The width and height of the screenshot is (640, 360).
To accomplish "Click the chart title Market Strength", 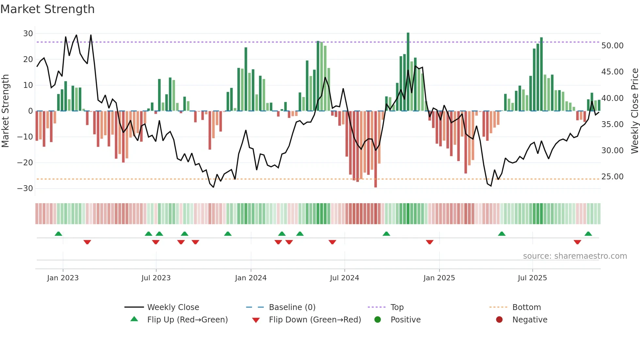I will pyautogui.click(x=47, y=9).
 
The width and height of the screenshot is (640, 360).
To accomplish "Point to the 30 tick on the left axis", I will pyautogui.click(x=28, y=34).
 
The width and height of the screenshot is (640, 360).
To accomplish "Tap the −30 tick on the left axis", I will pyautogui.click(x=25, y=188).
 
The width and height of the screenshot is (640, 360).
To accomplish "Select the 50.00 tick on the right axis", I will pyautogui.click(x=612, y=46).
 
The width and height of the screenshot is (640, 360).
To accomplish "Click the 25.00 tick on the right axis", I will pyautogui.click(x=612, y=177).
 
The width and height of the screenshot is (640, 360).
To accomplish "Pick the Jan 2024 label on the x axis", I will pyautogui.click(x=250, y=278).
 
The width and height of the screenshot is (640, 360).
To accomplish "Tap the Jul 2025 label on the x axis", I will pyautogui.click(x=532, y=278).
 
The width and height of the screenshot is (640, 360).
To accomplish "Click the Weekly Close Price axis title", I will pyautogui.click(x=634, y=111).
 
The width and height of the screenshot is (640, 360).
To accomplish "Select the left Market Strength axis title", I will pyautogui.click(x=5, y=111).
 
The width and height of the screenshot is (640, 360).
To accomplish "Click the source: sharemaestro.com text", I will pyautogui.click(x=575, y=256).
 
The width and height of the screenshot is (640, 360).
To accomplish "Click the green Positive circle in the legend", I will pyautogui.click(x=377, y=320).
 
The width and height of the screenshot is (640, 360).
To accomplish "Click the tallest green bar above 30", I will pyautogui.click(x=408, y=72).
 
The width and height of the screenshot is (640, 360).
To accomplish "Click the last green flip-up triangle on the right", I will pyautogui.click(x=588, y=234).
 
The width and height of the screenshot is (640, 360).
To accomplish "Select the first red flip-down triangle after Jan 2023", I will pyautogui.click(x=87, y=242).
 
